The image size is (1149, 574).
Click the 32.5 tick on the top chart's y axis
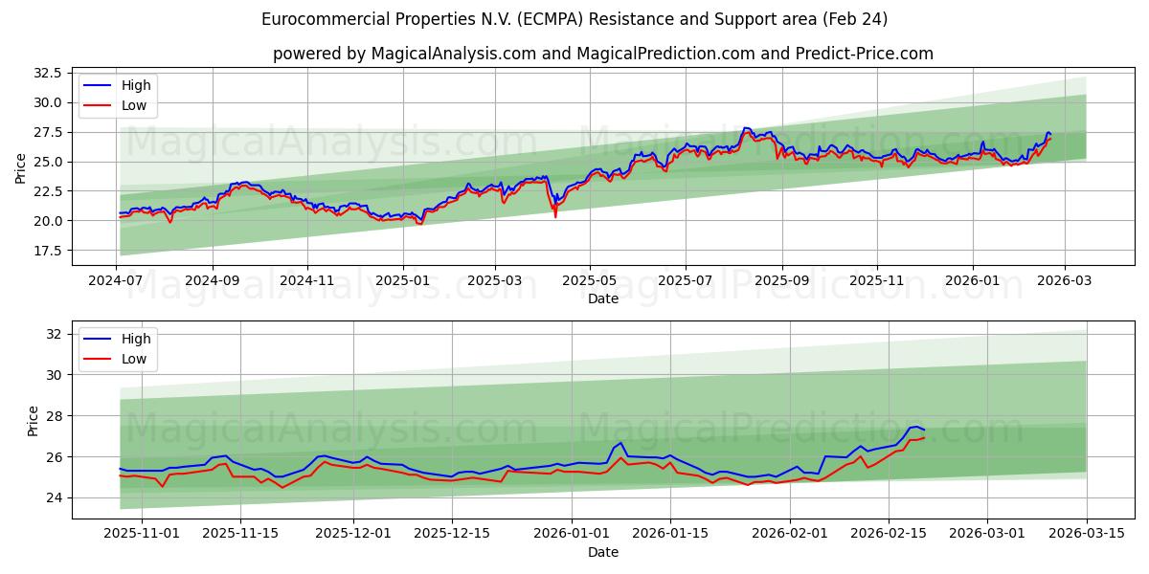point(47,73)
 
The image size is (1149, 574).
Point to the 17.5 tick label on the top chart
point(47,251)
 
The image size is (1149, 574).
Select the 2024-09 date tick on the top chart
point(212,280)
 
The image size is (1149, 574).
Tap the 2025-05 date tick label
point(590,280)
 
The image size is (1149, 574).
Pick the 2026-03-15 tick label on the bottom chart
point(1087,533)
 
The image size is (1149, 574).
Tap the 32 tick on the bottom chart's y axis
point(54,334)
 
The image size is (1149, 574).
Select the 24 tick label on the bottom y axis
point(54,497)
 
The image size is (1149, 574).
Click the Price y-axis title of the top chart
point(21,169)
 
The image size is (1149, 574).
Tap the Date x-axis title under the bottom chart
point(603,552)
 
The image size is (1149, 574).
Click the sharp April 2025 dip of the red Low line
point(555,216)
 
